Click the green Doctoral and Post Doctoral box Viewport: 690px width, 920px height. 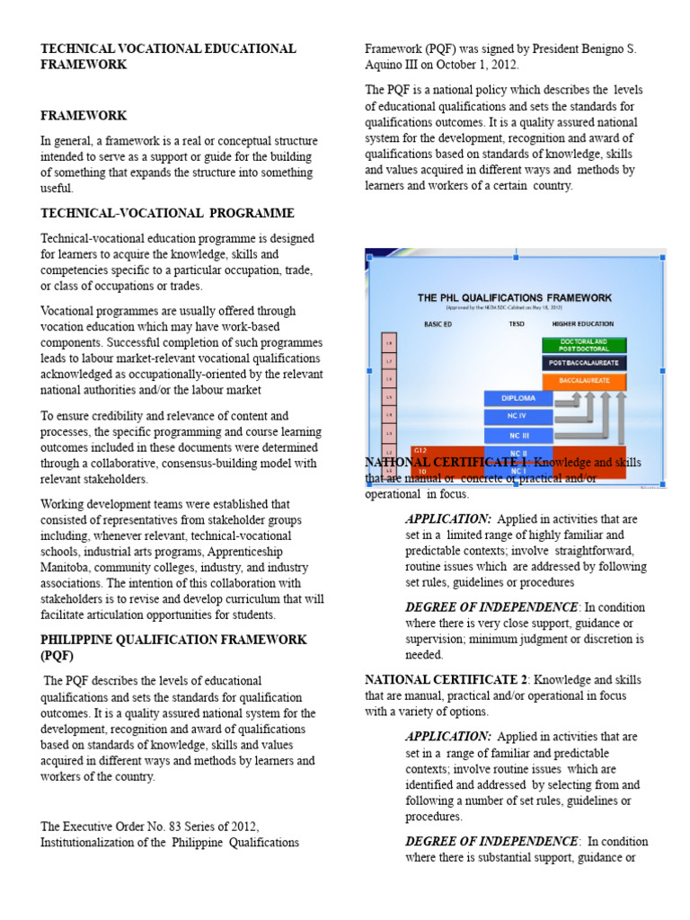click(x=584, y=345)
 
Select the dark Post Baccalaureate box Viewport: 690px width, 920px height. click(x=584, y=363)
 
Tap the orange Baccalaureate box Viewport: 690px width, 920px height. click(x=584, y=381)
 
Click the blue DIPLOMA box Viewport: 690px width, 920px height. click(x=517, y=398)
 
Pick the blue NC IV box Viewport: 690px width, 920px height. click(x=517, y=417)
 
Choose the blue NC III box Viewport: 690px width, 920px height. click(x=517, y=436)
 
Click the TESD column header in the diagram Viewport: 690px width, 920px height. click(x=517, y=323)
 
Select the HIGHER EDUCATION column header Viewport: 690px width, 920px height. click(x=583, y=323)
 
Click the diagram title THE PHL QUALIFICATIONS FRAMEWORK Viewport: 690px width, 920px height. click(x=515, y=297)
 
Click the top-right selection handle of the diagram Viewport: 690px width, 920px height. click(x=663, y=256)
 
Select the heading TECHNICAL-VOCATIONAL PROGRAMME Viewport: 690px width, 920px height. click(x=167, y=213)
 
